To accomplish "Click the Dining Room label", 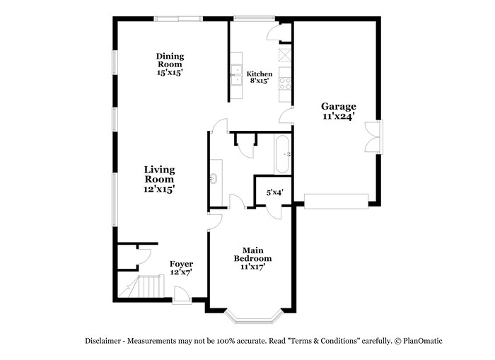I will click(x=170, y=64).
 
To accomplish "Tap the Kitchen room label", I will click(x=260, y=77).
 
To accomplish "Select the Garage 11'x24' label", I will click(x=339, y=111).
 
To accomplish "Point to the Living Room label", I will click(x=159, y=179).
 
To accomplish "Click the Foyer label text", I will click(x=181, y=267).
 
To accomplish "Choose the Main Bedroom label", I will click(x=252, y=258).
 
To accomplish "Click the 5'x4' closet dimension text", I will click(x=274, y=192).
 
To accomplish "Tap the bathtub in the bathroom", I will click(x=282, y=154).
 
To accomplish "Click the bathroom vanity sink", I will click(x=214, y=178).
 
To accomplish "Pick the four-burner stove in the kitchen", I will click(x=286, y=83).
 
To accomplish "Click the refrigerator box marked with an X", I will click(x=286, y=54).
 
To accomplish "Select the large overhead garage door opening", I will click(x=336, y=200).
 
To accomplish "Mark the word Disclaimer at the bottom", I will click(x=103, y=341).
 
